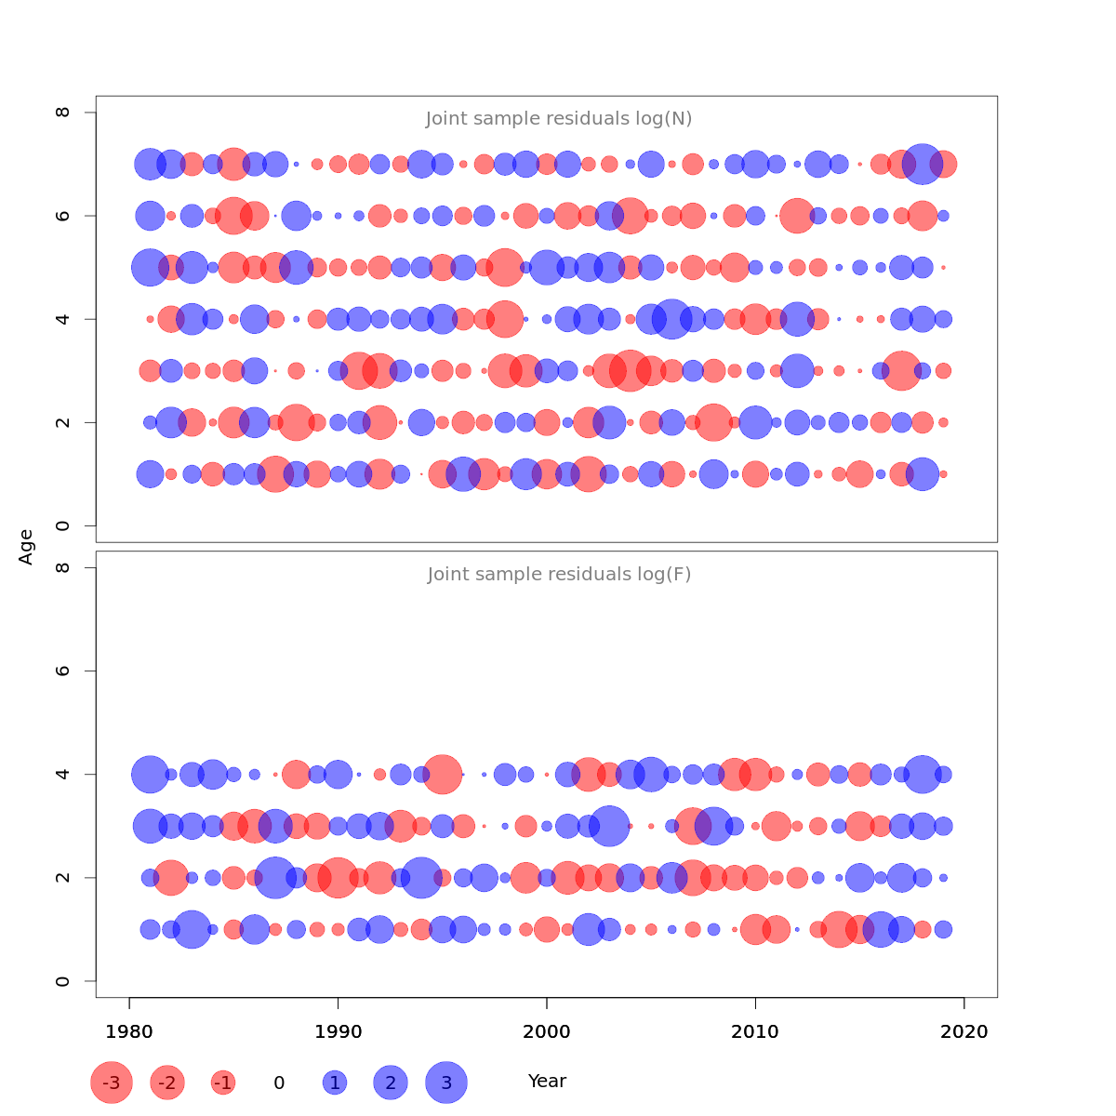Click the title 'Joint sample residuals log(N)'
(x=559, y=119)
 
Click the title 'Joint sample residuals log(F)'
(x=559, y=575)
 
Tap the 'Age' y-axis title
(x=27, y=547)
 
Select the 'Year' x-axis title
(x=547, y=1082)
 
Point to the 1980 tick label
(x=129, y=1031)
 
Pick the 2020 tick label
(x=964, y=1031)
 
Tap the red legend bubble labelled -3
(x=112, y=1083)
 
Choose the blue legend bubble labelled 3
(x=446, y=1083)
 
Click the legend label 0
(x=279, y=1083)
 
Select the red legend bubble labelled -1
(x=223, y=1083)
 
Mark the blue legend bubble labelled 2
(x=391, y=1083)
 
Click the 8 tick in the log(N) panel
(x=63, y=113)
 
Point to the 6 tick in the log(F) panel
(x=63, y=671)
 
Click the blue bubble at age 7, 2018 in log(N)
(x=923, y=165)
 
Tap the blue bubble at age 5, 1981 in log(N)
(x=150, y=268)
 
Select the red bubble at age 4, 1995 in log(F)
(x=443, y=774)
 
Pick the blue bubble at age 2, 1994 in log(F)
(x=421, y=878)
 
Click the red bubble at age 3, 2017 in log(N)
(x=901, y=371)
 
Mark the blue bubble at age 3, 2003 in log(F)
(x=609, y=826)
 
